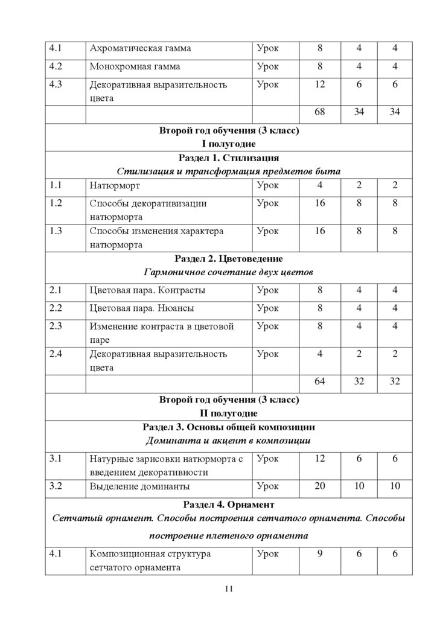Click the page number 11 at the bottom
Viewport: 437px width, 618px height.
pyautogui.click(x=228, y=589)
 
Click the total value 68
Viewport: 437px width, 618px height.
pyautogui.click(x=319, y=113)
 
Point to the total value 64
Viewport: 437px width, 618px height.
pyautogui.click(x=319, y=381)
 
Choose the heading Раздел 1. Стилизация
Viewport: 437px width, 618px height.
pyautogui.click(x=229, y=158)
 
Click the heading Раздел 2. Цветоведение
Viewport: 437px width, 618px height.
pyautogui.click(x=229, y=260)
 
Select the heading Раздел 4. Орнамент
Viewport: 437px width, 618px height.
pyautogui.click(x=229, y=504)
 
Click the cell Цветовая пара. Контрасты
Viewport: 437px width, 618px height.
pyautogui.click(x=147, y=290)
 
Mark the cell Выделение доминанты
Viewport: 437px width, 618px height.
pyautogui.click(x=140, y=486)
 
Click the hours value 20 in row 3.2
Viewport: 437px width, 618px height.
pyautogui.click(x=319, y=486)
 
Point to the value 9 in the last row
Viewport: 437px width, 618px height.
pyautogui.click(x=319, y=553)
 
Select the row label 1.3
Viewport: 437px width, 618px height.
pyautogui.click(x=56, y=231)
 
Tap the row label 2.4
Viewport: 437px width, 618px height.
pyautogui.click(x=56, y=354)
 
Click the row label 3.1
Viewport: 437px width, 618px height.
pyautogui.click(x=56, y=459)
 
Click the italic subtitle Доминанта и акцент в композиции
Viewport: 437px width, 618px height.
pyautogui.click(x=229, y=441)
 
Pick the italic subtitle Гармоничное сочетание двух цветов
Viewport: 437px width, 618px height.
pyautogui.click(x=229, y=273)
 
